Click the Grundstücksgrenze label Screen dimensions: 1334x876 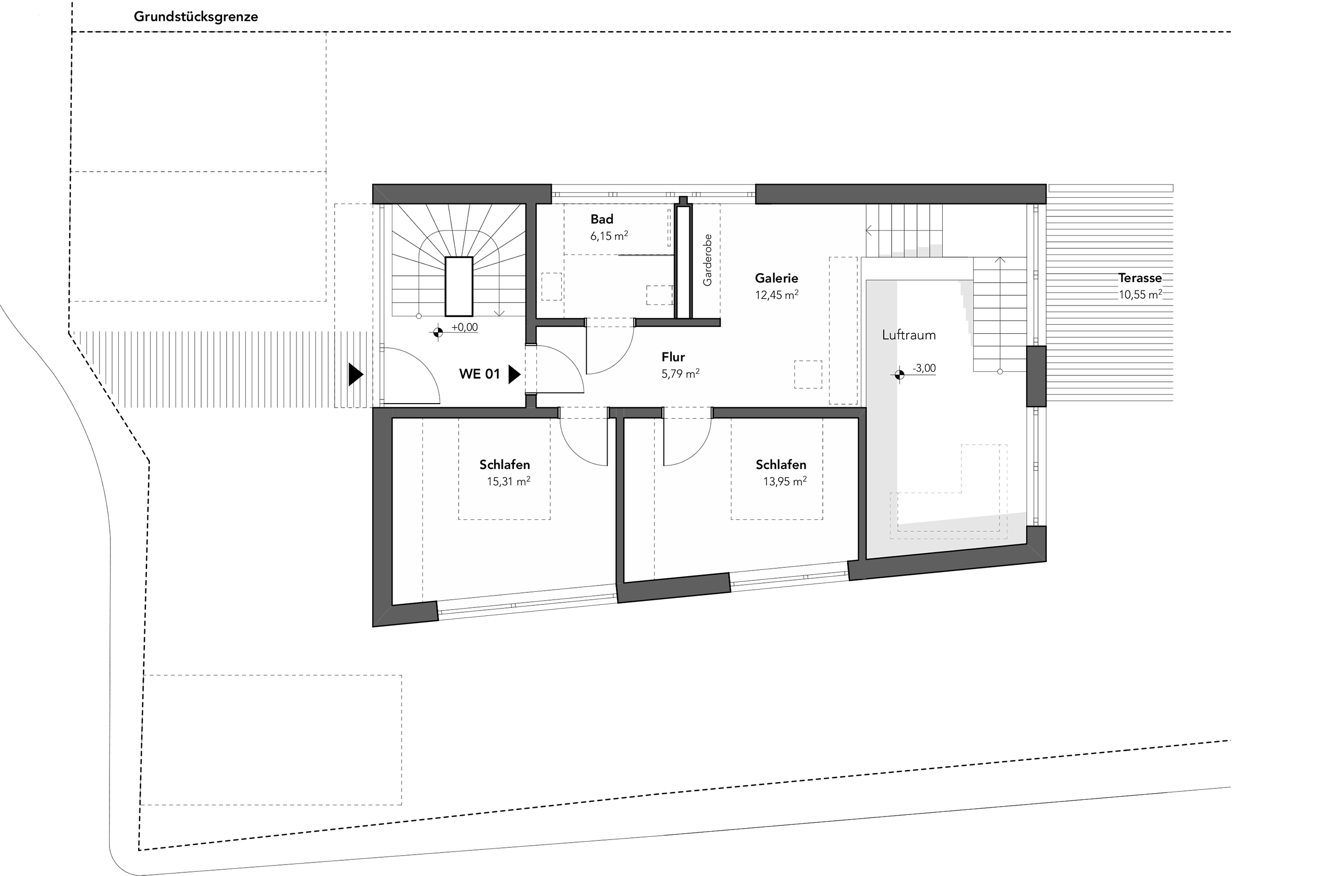coord(195,17)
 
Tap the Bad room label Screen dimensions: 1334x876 coord(601,220)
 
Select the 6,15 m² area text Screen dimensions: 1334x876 coord(609,236)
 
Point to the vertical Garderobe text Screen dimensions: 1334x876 coord(707,260)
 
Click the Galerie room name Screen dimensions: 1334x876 coord(776,278)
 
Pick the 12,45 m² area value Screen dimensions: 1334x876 coord(776,295)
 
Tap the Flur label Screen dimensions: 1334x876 coord(673,357)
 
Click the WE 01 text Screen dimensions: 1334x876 coord(479,374)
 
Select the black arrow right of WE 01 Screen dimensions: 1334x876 coord(514,374)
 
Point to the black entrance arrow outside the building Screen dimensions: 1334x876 coord(355,374)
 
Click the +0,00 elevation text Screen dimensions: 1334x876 coord(465,327)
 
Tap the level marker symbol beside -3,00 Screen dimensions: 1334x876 coord(899,374)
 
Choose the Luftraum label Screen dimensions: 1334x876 coord(909,335)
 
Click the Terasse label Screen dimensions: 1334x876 coord(1140,278)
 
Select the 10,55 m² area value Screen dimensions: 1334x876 coord(1140,295)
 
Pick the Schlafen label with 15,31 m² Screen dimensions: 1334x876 coord(504,465)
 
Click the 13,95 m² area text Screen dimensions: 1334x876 coord(785,481)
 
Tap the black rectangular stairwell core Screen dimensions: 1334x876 coord(459,287)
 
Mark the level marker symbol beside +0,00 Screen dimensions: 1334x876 coord(438,332)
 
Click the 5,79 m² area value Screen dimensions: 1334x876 coord(681,374)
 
